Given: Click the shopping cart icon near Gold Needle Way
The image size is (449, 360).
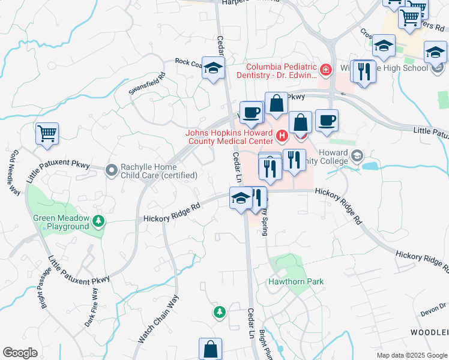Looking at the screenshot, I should point(47,133).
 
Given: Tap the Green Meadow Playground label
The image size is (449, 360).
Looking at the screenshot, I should point(61,223).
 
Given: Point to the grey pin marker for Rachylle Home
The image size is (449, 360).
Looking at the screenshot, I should point(110,170).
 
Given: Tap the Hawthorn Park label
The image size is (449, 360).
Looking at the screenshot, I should point(297,281).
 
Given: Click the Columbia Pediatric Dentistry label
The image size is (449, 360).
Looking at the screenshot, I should point(280,70).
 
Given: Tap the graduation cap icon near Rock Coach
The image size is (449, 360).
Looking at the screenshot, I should point(212,69).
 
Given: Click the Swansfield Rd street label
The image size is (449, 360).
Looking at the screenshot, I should point(146,84).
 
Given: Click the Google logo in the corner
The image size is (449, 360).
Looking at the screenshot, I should point(20,353).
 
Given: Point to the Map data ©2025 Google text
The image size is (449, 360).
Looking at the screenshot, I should point(412,355).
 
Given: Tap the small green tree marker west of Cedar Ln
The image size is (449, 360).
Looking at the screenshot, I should point(220,312).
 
